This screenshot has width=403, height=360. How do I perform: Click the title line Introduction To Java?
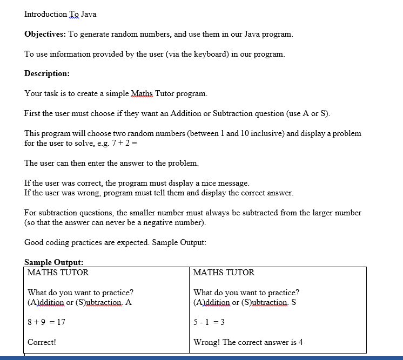tap(60, 14)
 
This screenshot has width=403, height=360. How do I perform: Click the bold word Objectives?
tap(45, 34)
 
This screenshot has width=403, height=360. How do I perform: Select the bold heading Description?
tap(47, 73)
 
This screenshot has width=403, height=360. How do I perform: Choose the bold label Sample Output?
tap(54, 262)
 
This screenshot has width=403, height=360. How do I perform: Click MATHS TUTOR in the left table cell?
tap(58, 273)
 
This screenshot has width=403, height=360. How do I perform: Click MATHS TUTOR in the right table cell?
tap(224, 273)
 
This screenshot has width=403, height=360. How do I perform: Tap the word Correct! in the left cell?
tap(42, 342)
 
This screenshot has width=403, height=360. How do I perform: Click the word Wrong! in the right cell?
tap(206, 342)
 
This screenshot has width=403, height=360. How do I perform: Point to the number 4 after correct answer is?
tap(300, 342)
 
